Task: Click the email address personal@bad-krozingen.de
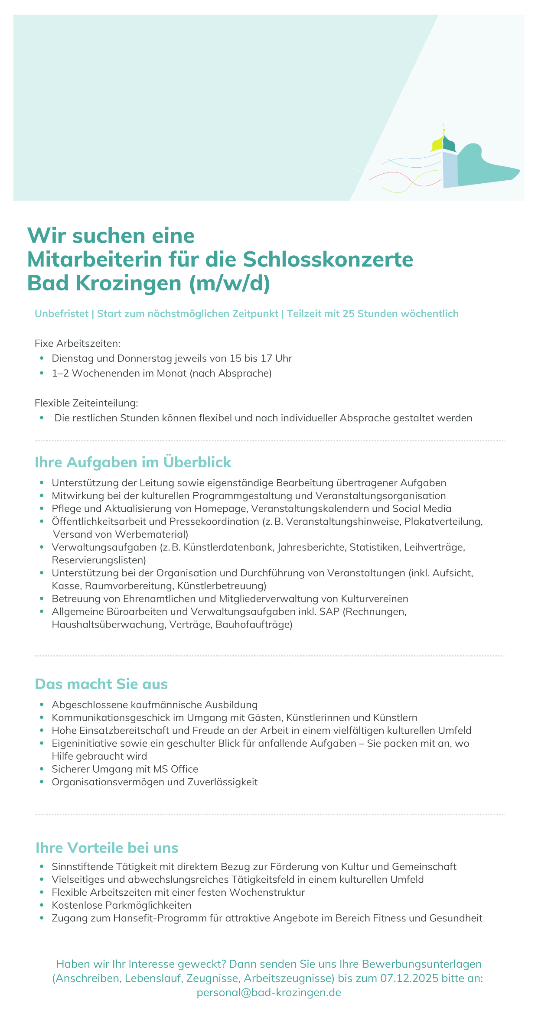tap(269, 992)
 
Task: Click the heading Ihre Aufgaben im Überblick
tap(133, 462)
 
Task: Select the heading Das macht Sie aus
tap(101, 684)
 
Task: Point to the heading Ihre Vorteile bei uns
tap(107, 848)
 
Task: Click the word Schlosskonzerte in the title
tap(328, 260)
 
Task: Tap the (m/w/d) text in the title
tap(229, 283)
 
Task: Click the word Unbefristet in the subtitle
tap(62, 314)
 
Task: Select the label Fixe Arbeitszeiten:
tap(77, 344)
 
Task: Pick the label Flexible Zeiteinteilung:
tap(86, 403)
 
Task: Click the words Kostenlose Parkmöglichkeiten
tap(121, 905)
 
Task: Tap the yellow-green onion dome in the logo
tap(437, 143)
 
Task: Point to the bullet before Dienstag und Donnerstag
tap(42, 358)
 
